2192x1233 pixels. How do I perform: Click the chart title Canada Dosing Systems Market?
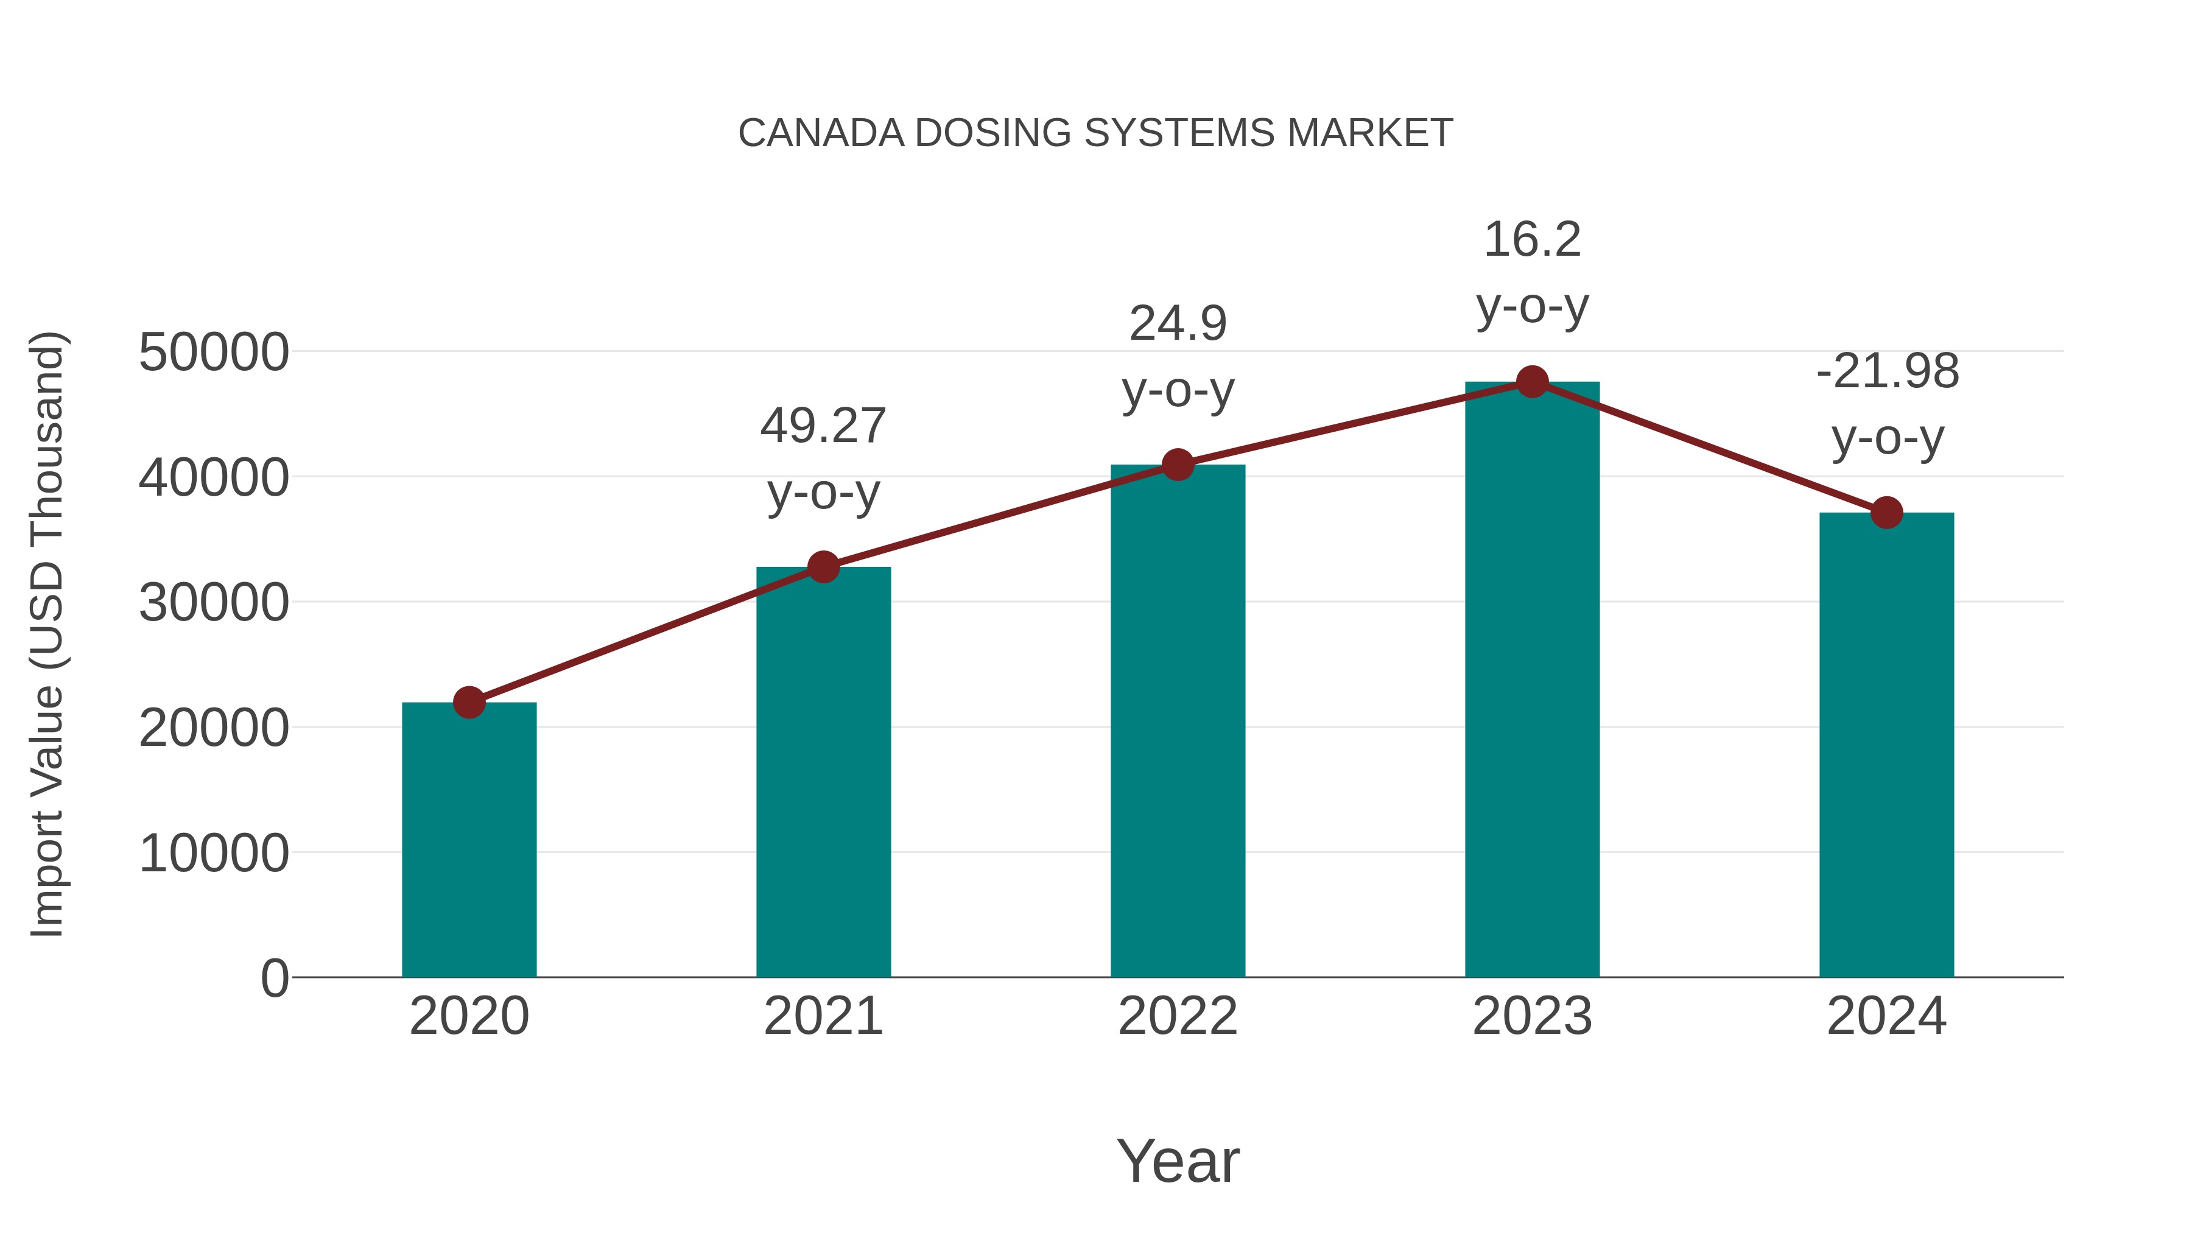pyautogui.click(x=1095, y=133)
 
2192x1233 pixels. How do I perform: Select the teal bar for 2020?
pyautogui.click(x=469, y=843)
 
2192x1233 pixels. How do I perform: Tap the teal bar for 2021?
pyautogui.click(x=823, y=775)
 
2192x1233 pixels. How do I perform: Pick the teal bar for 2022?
pyautogui.click(x=1178, y=723)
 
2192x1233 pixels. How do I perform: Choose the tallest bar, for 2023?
pyautogui.click(x=1532, y=681)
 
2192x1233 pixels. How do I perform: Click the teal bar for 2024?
pyautogui.click(x=1886, y=749)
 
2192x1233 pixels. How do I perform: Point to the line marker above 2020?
pyautogui.click(x=469, y=703)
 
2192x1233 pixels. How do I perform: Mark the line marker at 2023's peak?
pyautogui.click(x=1532, y=382)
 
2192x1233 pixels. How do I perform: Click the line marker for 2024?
pyautogui.click(x=1886, y=513)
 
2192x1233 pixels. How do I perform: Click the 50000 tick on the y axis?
pyautogui.click(x=214, y=353)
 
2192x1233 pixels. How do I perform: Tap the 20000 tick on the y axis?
pyautogui.click(x=214, y=728)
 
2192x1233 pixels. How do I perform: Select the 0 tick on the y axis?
pyautogui.click(x=274, y=978)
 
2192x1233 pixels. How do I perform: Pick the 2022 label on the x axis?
pyautogui.click(x=1178, y=1016)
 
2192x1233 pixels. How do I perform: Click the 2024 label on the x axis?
pyautogui.click(x=1886, y=1016)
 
